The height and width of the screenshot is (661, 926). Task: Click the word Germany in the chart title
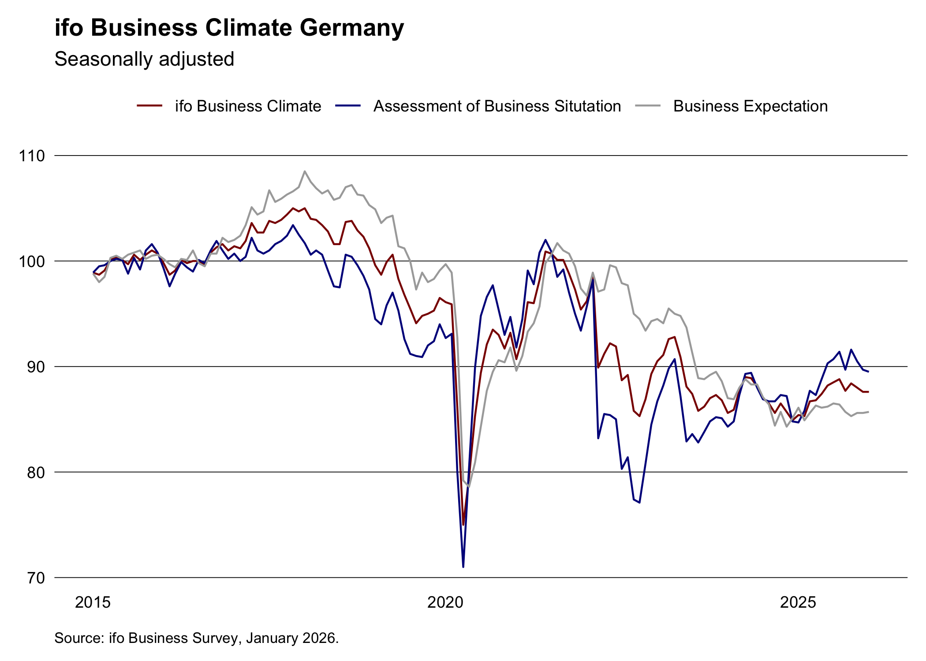click(352, 28)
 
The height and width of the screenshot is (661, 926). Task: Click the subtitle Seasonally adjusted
click(144, 59)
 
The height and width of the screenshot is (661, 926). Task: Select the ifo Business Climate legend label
click(248, 106)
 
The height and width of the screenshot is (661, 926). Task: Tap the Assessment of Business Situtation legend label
click(497, 106)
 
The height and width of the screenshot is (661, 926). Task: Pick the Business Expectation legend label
click(750, 106)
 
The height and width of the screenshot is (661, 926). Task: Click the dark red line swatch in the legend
click(150, 106)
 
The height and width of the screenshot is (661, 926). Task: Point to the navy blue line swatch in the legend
click(348, 106)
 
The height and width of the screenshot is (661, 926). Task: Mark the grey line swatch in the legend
click(648, 106)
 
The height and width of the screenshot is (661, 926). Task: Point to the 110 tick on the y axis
click(32, 156)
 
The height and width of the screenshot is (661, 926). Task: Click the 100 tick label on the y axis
click(32, 261)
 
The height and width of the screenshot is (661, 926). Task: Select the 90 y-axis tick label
click(36, 367)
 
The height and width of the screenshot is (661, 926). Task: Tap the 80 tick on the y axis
click(36, 472)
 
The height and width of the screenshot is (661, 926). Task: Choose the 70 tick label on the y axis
click(36, 578)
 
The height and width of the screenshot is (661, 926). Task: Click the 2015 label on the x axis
click(93, 602)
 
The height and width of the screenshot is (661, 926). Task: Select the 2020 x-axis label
click(445, 602)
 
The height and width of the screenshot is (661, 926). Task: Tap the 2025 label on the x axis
click(798, 602)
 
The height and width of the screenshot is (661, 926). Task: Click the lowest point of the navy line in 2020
click(463, 567)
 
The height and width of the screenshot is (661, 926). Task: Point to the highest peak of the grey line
click(305, 171)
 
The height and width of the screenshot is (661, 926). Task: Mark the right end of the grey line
click(868, 412)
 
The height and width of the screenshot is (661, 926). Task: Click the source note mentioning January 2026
click(196, 638)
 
